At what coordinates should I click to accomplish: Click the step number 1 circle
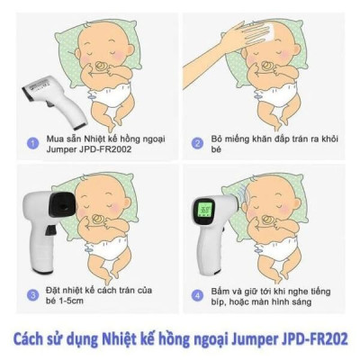pyautogui.click(x=32, y=141)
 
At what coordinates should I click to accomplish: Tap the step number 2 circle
pyautogui.click(x=196, y=141)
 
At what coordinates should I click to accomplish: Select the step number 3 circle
pyautogui.click(x=32, y=294)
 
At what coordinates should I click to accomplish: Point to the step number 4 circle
pyautogui.click(x=196, y=294)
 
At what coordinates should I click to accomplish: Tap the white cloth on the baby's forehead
pyautogui.click(x=259, y=35)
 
